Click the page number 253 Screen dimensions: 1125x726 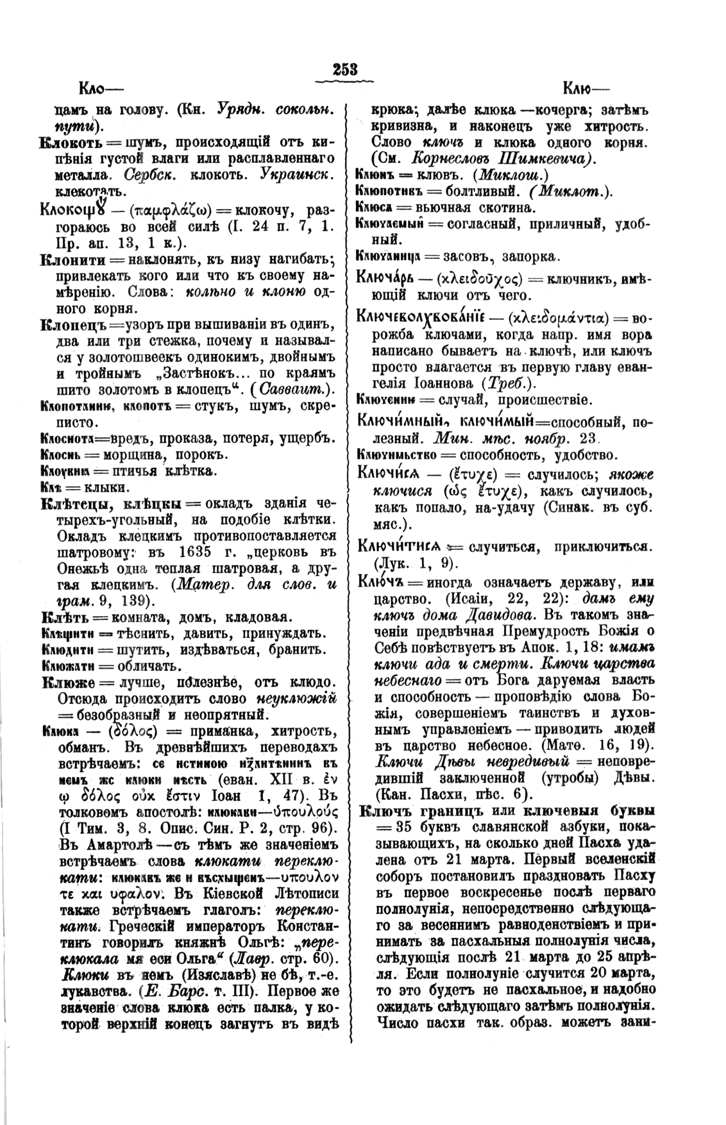point(344,70)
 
